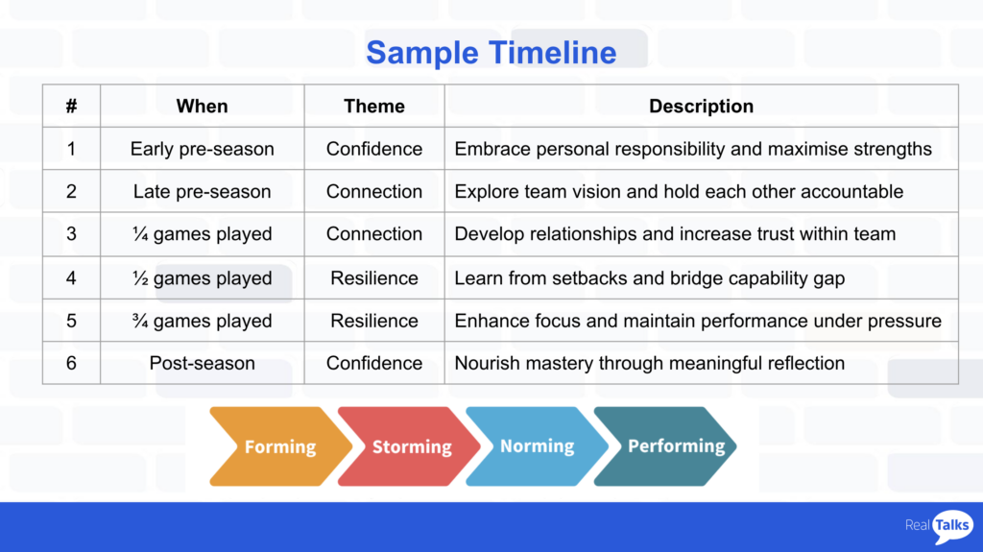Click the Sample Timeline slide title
(491, 53)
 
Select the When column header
(202, 106)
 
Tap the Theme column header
(374, 106)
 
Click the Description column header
(701, 106)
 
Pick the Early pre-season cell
(202, 149)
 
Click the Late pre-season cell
(202, 191)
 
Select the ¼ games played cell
(202, 234)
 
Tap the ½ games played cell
(202, 277)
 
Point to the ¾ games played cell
(202, 321)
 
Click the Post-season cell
(202, 363)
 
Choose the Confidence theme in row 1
(374, 149)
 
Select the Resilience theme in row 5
(374, 321)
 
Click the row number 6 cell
(71, 363)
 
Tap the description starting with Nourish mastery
(650, 363)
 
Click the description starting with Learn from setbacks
(650, 277)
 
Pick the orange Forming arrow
(280, 446)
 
